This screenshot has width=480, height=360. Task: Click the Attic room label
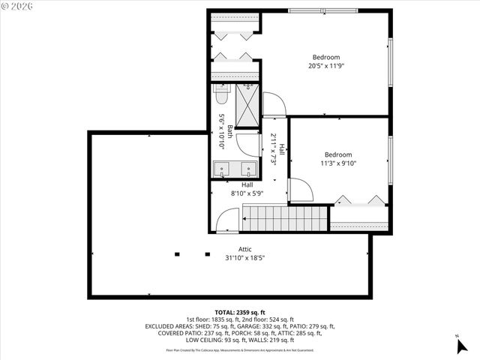(245, 249)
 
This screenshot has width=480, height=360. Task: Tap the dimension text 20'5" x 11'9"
(325, 66)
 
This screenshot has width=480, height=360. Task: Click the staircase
(286, 218)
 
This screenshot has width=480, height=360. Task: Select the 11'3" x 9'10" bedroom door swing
(300, 190)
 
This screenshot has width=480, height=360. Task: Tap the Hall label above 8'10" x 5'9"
(247, 184)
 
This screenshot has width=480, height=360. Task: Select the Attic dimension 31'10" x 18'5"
(245, 258)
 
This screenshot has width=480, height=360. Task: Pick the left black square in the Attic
(177, 253)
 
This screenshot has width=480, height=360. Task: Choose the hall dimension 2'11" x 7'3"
(274, 148)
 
